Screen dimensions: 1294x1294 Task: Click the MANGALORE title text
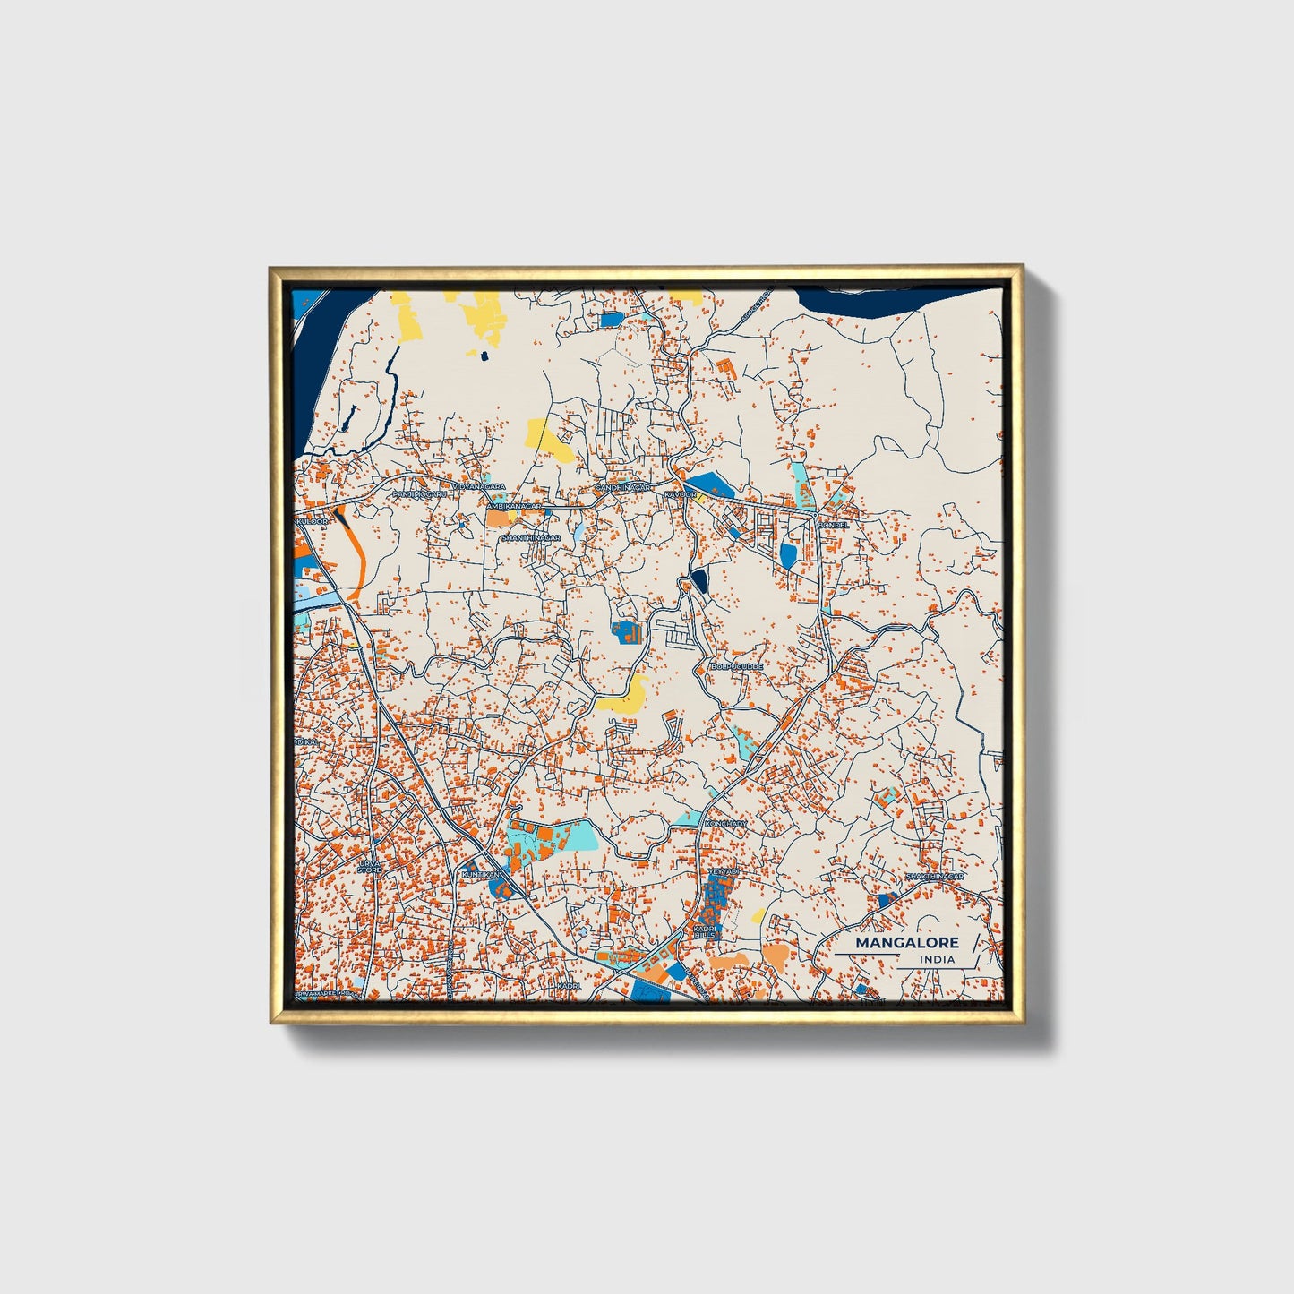(906, 942)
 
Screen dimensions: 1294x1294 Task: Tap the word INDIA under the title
(936, 959)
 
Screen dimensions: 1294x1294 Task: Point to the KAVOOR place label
(680, 494)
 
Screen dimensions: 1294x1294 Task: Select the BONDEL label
(833, 525)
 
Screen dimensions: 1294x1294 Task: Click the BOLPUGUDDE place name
(736, 666)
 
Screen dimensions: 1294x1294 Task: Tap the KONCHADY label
(725, 823)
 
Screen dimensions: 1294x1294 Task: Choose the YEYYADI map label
(724, 870)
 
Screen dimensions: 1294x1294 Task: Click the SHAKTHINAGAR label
(933, 876)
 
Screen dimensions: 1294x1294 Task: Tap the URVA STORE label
(369, 867)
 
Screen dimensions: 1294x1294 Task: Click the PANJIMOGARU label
(419, 493)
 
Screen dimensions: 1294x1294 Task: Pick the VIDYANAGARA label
(478, 486)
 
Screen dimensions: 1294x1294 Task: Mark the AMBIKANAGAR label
(514, 506)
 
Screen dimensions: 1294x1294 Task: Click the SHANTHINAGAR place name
(530, 537)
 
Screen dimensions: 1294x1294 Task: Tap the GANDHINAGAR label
(623, 487)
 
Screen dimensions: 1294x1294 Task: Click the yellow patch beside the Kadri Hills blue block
(758, 915)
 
